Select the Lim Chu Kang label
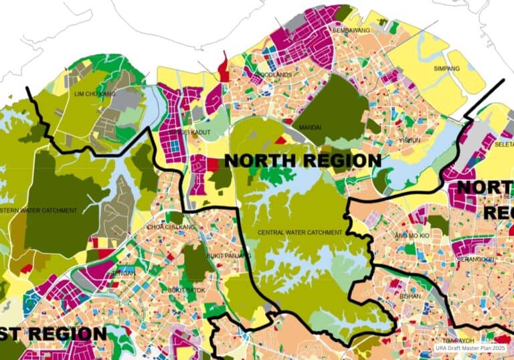pos(95,94)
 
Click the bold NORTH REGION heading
pos(303,161)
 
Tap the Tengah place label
pos(124,273)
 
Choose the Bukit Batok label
pos(184,290)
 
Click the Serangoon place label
pos(477,259)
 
